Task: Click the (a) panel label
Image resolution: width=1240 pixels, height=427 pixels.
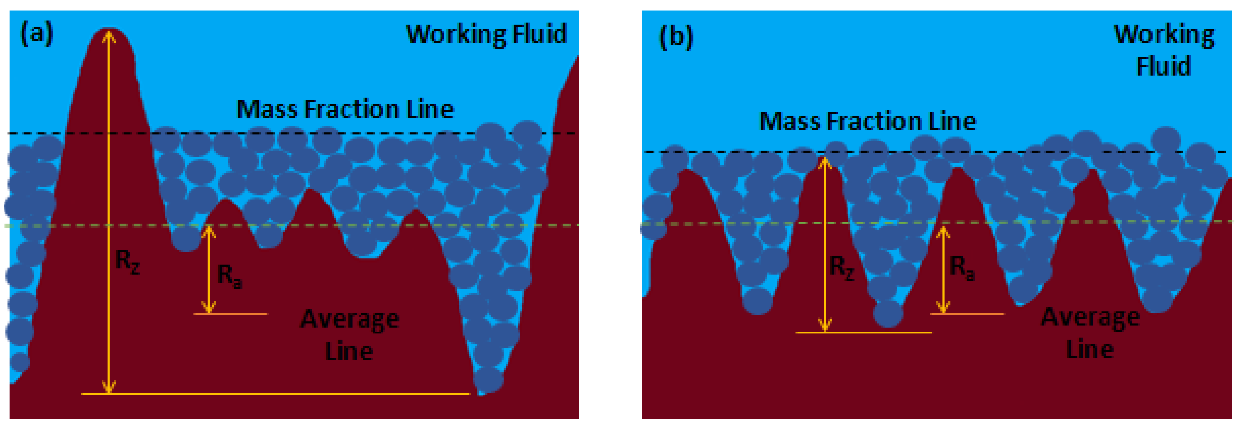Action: (36, 34)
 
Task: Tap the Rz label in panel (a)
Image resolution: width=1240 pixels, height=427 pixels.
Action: (127, 262)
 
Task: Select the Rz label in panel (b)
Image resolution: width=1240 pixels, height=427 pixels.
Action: (841, 268)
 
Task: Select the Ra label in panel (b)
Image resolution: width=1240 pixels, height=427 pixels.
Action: (962, 268)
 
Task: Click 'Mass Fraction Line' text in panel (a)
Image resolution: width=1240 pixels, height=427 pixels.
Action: (345, 110)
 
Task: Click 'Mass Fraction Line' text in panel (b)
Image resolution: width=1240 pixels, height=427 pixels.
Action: (867, 122)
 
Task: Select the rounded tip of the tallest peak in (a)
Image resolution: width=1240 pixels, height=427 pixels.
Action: (110, 29)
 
